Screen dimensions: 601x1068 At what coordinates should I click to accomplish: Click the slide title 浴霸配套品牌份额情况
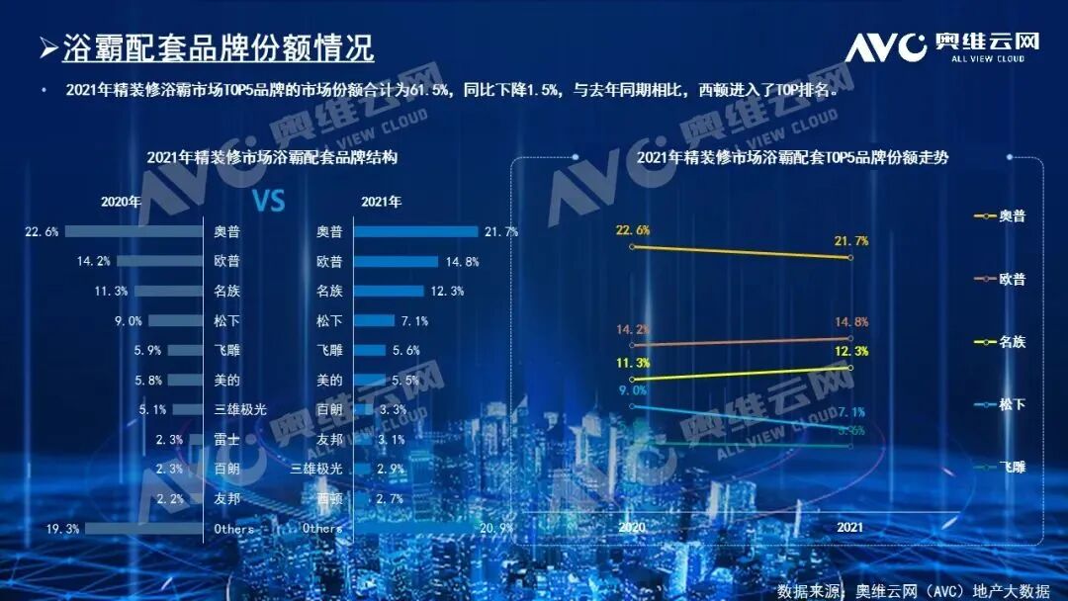pos(218,47)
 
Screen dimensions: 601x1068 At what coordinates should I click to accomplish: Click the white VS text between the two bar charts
pos(268,202)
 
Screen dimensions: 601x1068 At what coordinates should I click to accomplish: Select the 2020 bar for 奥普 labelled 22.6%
pos(133,232)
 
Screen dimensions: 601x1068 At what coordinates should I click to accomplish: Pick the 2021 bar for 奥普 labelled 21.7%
pos(415,232)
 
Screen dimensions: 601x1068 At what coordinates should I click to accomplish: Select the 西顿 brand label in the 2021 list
pos(329,499)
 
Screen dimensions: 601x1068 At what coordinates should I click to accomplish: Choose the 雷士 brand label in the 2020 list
pos(227,440)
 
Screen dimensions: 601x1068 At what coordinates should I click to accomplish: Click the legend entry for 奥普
pos(1001,215)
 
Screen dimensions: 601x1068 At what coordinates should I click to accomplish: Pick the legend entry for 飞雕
pos(1001,466)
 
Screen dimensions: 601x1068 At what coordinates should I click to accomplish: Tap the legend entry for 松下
pos(1001,403)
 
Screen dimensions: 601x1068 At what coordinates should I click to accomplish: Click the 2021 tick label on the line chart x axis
pos(850,528)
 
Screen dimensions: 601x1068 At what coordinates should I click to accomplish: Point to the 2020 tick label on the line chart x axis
pos(632,528)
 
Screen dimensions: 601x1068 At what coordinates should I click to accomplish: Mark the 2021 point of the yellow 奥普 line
pos(850,257)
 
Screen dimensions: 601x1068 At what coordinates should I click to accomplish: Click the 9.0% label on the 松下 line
pos(632,390)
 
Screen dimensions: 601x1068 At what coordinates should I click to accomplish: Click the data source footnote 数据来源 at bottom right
pos(913,590)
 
